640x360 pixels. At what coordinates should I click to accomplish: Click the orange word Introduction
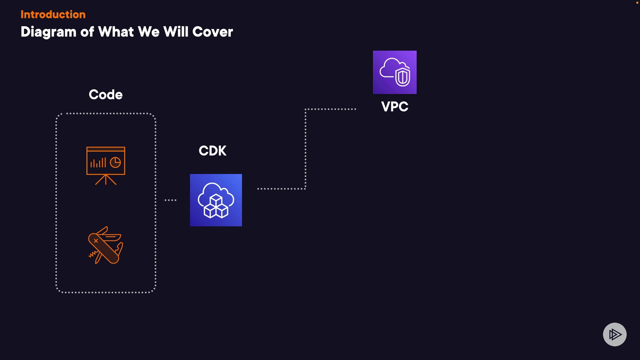pyautogui.click(x=53, y=14)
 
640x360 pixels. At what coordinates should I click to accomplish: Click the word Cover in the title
pyautogui.click(x=212, y=32)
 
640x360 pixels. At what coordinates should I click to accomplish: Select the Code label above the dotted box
pyautogui.click(x=106, y=95)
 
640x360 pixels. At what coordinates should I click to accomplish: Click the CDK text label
pyautogui.click(x=212, y=151)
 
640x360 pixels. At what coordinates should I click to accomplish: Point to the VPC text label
pyautogui.click(x=395, y=107)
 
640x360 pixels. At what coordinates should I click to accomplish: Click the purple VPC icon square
pyautogui.click(x=395, y=72)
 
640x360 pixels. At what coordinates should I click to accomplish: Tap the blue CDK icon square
pyautogui.click(x=216, y=200)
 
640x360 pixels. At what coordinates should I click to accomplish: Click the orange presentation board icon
pyautogui.click(x=106, y=165)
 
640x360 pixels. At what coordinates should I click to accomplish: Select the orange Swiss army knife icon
pyautogui.click(x=106, y=245)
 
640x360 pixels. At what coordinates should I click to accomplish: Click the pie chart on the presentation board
pyautogui.click(x=115, y=163)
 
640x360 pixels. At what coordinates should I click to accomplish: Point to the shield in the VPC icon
pyautogui.click(x=403, y=77)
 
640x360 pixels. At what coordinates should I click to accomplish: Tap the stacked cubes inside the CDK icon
pyautogui.click(x=216, y=207)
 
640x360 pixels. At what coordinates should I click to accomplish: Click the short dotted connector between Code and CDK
pyautogui.click(x=170, y=200)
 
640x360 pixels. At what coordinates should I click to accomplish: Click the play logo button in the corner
pyautogui.click(x=615, y=334)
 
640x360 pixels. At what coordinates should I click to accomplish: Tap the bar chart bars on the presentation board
pyautogui.click(x=98, y=163)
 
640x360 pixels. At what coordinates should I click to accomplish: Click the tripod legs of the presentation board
pyautogui.click(x=106, y=180)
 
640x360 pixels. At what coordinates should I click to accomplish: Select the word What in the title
pyautogui.click(x=116, y=32)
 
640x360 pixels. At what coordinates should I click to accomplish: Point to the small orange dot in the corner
pyautogui.click(x=637, y=3)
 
